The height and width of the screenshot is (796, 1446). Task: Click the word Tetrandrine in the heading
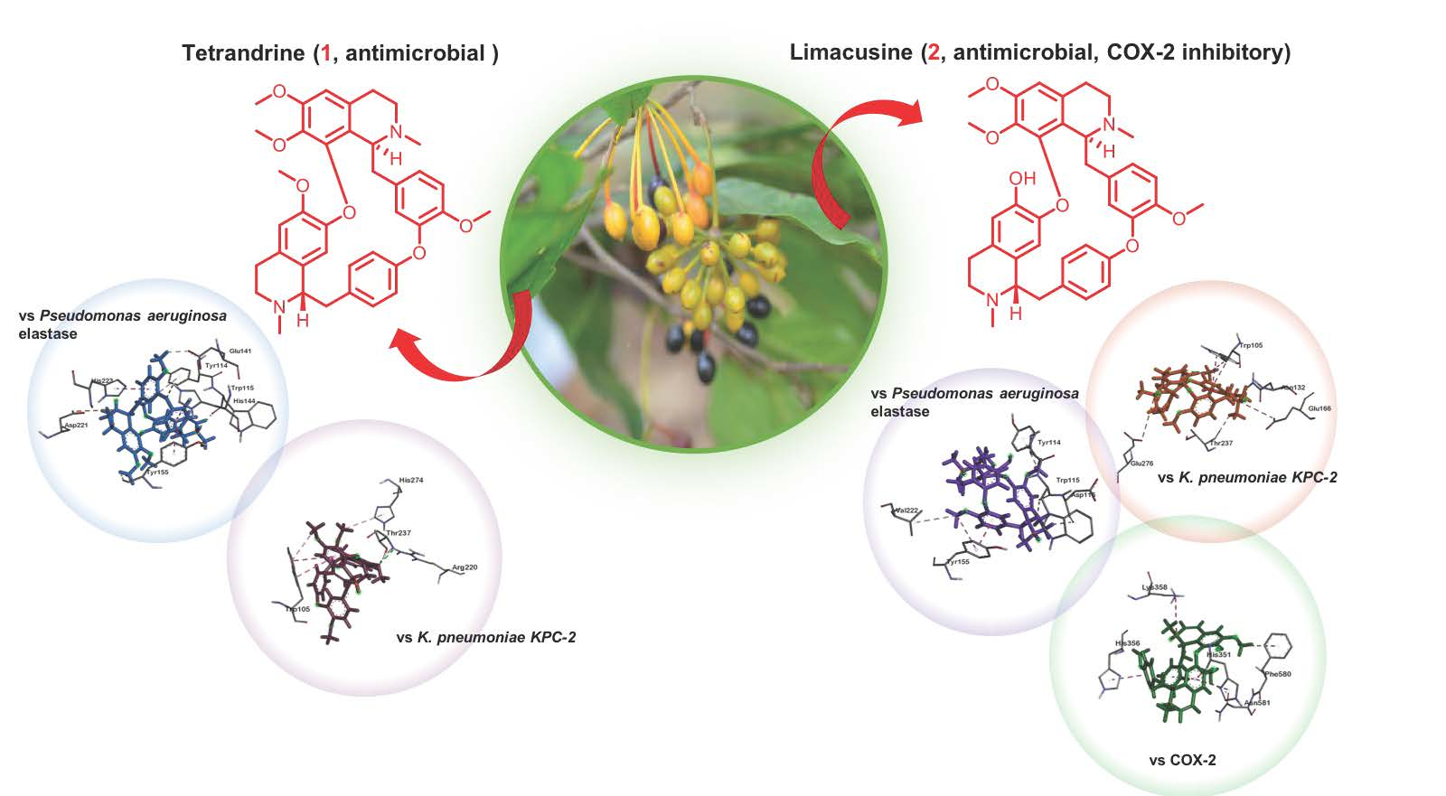point(243,53)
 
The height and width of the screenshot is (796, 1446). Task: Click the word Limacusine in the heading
point(850,52)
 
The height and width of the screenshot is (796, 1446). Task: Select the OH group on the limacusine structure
point(1022,179)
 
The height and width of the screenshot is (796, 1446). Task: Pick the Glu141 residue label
point(240,351)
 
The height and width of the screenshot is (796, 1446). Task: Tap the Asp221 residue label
point(75,425)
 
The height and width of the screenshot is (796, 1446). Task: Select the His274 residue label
point(410,480)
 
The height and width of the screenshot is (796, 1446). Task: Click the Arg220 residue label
point(464,567)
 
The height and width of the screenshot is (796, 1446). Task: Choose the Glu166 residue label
point(1319,408)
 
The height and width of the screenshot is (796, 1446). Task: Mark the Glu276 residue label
point(1141,463)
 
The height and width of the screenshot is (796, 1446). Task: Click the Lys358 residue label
point(1154,587)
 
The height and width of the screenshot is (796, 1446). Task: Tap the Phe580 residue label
point(1278,673)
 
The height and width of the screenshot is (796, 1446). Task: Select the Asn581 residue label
point(1257,702)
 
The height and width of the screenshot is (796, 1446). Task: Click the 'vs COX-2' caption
point(1182,760)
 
